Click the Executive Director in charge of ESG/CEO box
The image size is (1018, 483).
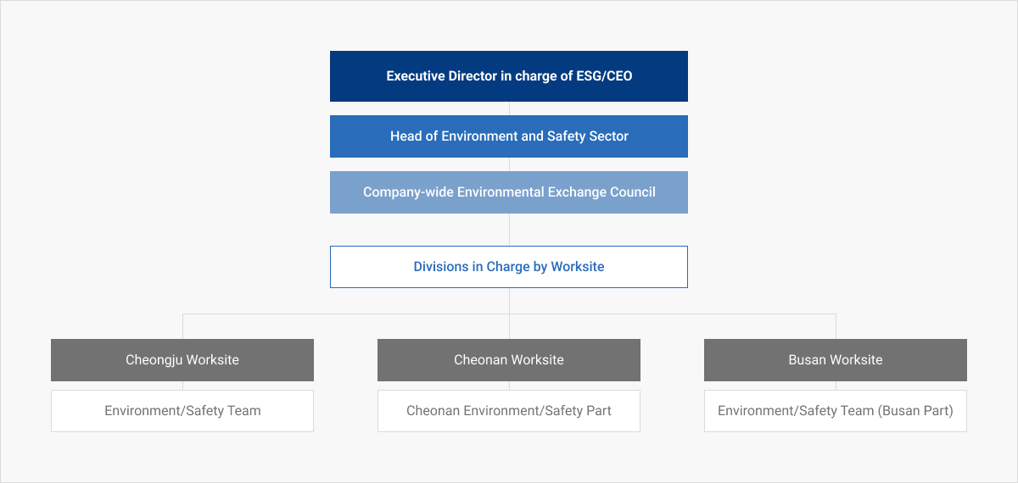[x=509, y=76]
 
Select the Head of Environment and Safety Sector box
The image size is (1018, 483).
[x=509, y=136]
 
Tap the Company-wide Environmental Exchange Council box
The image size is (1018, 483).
[x=509, y=192]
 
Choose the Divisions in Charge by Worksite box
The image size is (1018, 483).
[x=509, y=267]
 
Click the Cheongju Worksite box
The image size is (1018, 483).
[x=182, y=360]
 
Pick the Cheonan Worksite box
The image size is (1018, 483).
[x=509, y=360]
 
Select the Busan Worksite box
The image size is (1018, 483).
[x=836, y=360]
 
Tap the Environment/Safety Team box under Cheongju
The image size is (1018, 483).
[x=182, y=411]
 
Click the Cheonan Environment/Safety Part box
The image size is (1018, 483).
[x=509, y=411]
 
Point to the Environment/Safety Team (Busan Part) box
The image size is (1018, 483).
[x=836, y=411]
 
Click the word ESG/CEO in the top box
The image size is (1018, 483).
[x=604, y=75]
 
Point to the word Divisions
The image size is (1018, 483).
[x=441, y=266]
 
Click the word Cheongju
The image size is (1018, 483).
[x=154, y=360]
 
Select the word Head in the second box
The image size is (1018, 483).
[x=406, y=136]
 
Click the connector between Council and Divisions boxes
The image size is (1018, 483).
[x=510, y=230]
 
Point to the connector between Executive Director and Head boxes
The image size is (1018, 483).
[x=510, y=108]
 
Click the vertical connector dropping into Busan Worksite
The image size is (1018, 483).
[x=836, y=326]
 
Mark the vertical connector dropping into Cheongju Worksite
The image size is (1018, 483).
[x=182, y=326]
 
